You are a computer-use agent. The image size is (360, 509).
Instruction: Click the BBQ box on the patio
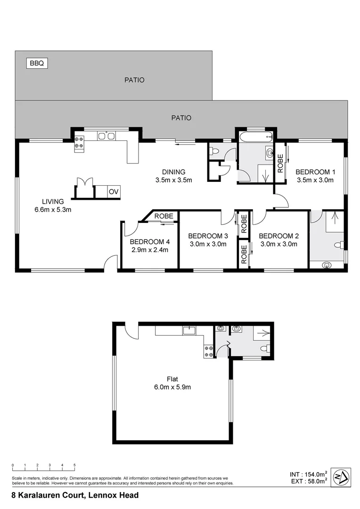(x=36, y=63)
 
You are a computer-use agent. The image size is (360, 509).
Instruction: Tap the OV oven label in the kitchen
(x=113, y=192)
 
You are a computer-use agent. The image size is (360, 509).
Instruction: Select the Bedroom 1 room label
(x=315, y=172)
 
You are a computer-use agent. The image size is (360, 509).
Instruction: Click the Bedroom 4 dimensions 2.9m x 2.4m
(x=150, y=250)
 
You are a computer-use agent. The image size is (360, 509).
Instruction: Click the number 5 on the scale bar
(x=74, y=465)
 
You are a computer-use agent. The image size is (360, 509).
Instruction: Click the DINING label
(x=174, y=172)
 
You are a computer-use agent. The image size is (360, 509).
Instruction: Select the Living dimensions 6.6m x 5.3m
(x=52, y=210)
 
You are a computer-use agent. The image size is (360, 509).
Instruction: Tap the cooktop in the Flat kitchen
(x=208, y=351)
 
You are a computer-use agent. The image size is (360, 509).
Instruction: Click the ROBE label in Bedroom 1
(x=280, y=163)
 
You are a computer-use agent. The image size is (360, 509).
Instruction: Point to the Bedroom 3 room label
(x=208, y=236)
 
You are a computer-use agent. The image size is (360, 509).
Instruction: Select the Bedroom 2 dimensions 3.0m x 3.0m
(x=278, y=244)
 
